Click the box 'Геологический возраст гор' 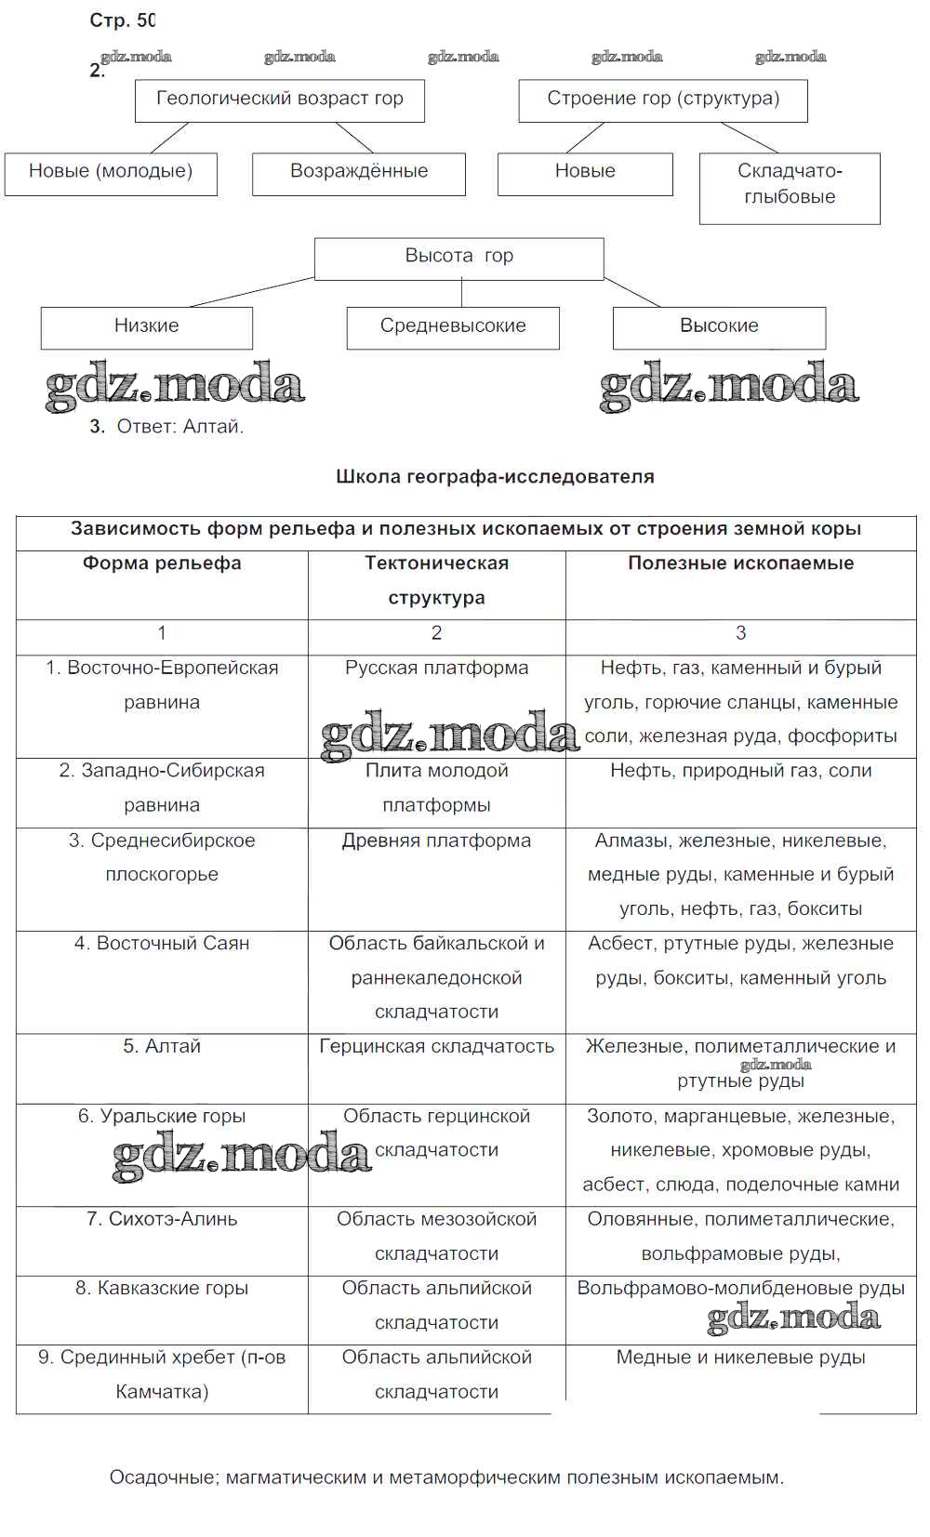279,99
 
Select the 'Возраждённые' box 359,172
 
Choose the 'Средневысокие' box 453,326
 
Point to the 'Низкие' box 146,326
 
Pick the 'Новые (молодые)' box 111,172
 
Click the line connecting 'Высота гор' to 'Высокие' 632,292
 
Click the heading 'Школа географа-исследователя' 495,477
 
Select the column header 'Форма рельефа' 162,563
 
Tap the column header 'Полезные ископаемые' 740,563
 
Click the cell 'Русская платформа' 436,669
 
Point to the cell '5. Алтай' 162,1047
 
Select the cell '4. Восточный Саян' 162,944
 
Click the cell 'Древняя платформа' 436,841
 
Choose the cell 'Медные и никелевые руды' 740,1358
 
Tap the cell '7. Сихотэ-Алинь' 162,1220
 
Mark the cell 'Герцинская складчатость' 436,1047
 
